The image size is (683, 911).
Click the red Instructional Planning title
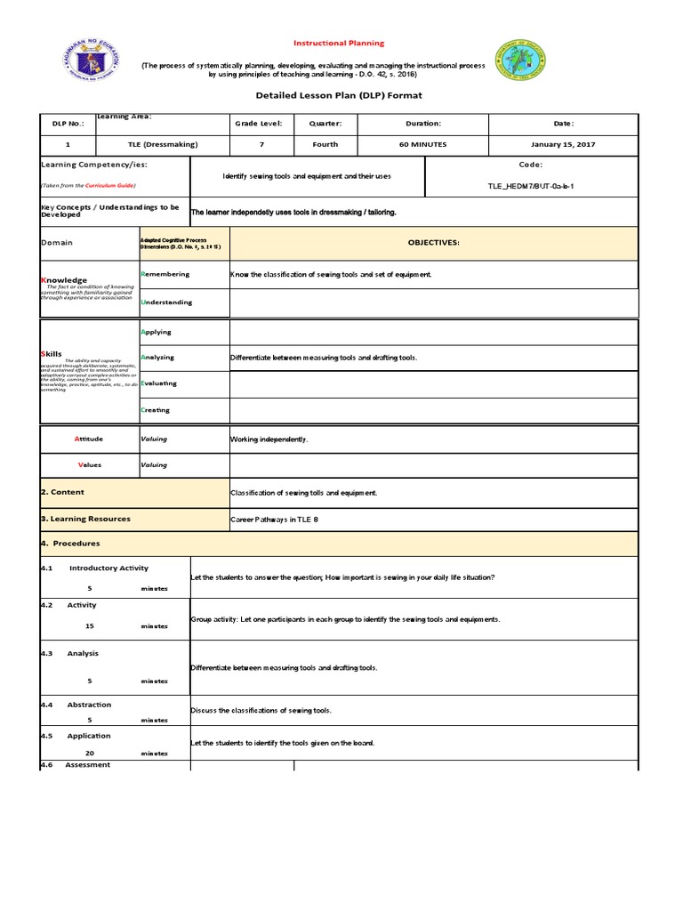coord(340,43)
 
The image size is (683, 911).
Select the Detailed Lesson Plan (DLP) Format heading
coord(339,95)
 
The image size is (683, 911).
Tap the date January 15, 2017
coord(564,144)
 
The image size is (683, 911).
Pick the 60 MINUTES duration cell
coord(422,144)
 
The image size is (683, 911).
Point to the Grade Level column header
coord(258,124)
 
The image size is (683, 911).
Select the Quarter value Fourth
coord(325,144)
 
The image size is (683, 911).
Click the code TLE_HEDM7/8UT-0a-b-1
coord(530,187)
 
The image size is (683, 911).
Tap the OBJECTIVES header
coord(433,243)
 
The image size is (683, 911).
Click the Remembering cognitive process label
coord(165,274)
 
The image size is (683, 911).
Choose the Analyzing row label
coord(157,358)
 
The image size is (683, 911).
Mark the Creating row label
coord(156,410)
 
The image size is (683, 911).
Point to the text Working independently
coord(269,439)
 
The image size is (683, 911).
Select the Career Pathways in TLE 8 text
coord(274,520)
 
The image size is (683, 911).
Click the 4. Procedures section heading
coord(71,544)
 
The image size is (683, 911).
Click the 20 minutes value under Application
coord(90,753)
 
